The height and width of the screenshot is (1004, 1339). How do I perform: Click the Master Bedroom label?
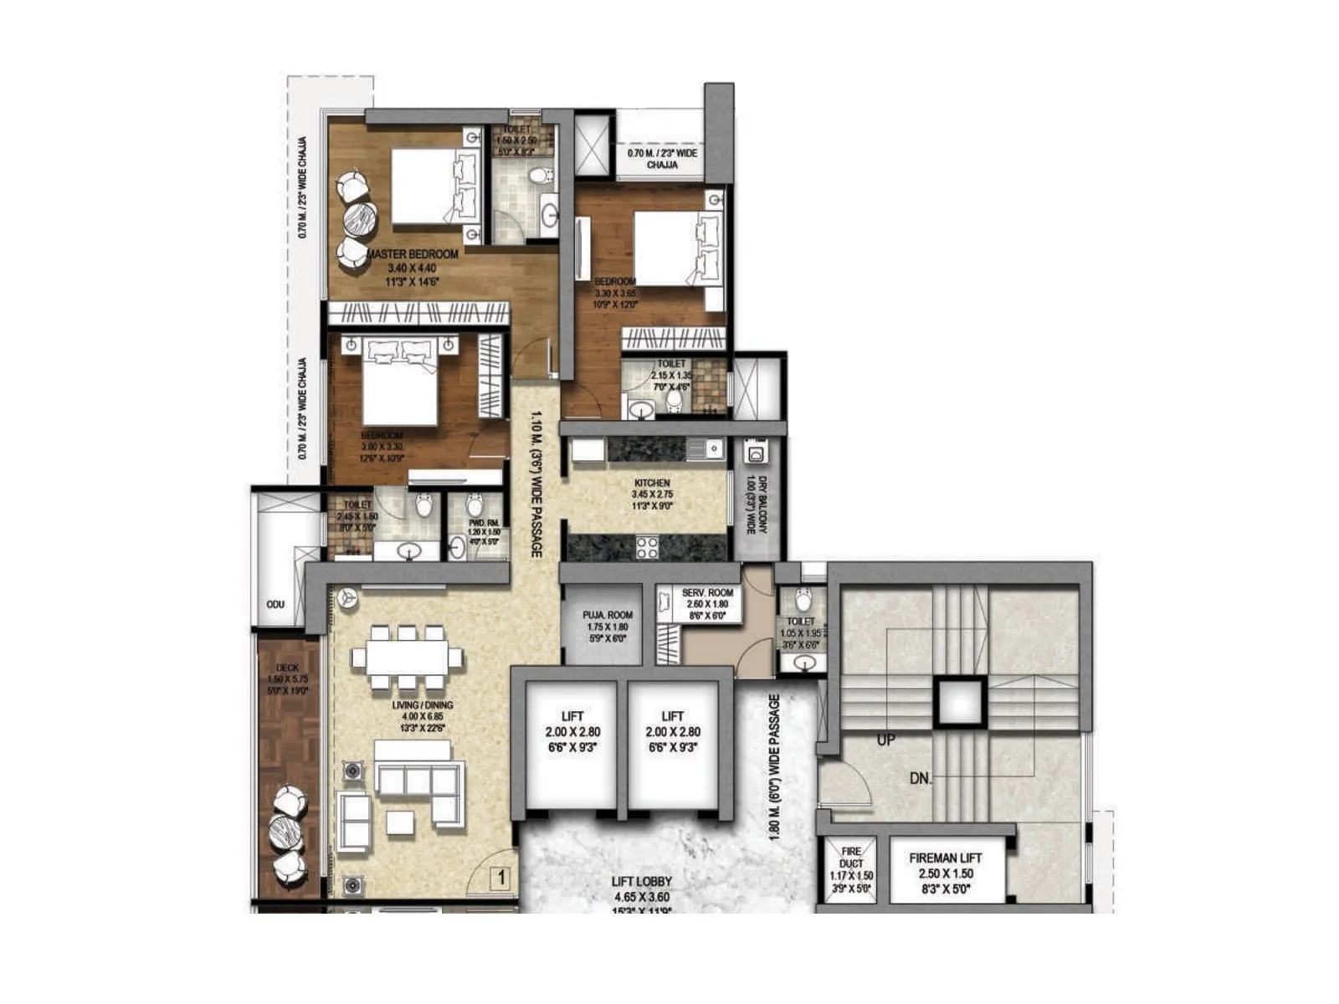tap(413, 254)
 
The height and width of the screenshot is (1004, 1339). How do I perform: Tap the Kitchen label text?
tap(652, 483)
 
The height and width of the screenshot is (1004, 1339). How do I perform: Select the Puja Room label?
tap(608, 615)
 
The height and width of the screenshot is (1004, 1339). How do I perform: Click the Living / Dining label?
tap(422, 705)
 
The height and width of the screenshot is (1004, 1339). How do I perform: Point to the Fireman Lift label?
tap(946, 858)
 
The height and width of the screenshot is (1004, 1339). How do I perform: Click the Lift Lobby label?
tap(642, 882)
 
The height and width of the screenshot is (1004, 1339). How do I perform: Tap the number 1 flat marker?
tap(500, 878)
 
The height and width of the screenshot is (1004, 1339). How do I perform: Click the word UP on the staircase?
tap(885, 740)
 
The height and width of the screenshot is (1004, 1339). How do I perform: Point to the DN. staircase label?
tap(921, 779)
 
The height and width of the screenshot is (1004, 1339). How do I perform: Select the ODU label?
tap(275, 604)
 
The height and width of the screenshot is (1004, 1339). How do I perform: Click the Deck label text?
tap(288, 668)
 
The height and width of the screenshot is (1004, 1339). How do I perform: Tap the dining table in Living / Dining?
tap(408, 657)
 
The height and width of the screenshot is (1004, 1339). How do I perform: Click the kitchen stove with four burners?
tap(647, 547)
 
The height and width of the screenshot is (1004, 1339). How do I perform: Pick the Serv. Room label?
tap(707, 592)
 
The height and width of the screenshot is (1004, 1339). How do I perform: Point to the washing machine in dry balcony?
tap(756, 454)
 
